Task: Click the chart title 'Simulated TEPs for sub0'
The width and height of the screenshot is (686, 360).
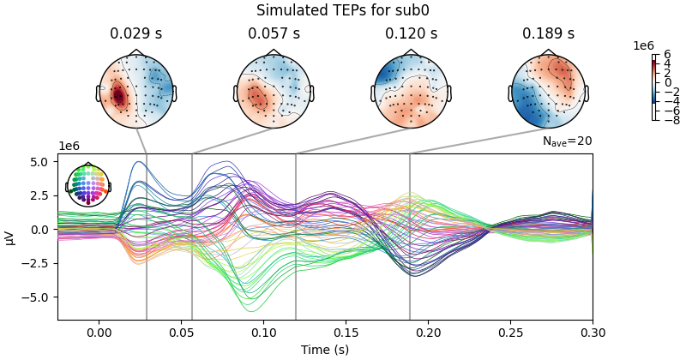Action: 342,11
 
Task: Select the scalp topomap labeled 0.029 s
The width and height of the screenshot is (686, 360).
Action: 136,91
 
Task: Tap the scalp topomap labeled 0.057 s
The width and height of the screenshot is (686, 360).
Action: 274,91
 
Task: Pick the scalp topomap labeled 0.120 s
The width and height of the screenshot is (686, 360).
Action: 411,91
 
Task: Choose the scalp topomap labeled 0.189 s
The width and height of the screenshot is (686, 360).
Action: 548,91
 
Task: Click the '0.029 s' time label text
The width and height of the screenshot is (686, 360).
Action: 136,34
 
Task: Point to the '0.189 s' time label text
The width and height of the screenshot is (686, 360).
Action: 548,34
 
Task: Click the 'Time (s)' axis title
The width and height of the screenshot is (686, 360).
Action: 324,349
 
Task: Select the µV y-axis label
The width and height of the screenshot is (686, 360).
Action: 10,237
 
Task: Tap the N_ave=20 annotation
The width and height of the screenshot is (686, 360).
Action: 567,141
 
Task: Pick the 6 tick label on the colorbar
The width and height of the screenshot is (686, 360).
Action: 666,55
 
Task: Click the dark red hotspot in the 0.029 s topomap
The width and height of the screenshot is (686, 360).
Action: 118,96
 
